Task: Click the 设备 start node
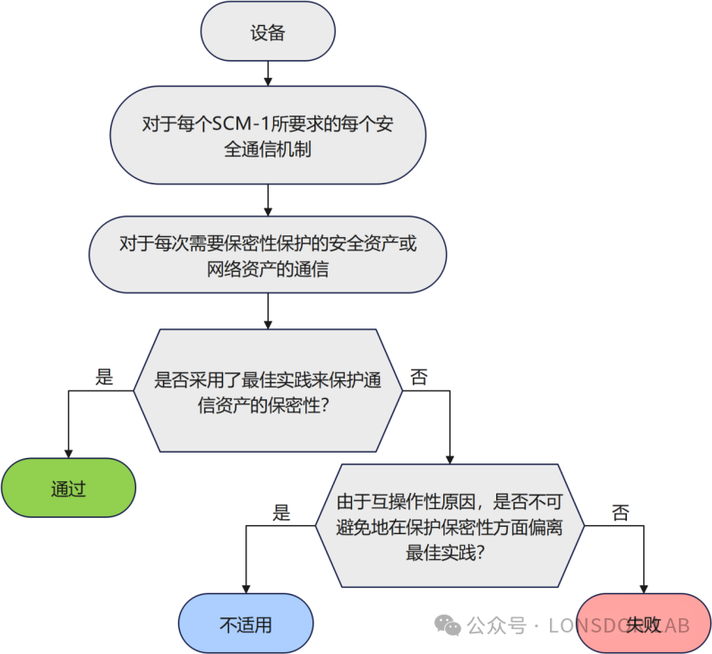(267, 33)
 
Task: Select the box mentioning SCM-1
(267, 136)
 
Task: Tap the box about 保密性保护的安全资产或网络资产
(267, 254)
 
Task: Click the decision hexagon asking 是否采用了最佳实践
(268, 391)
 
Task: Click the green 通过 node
(68, 489)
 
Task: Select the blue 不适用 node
(245, 624)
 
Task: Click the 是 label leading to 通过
(105, 377)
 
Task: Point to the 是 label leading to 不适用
(282, 513)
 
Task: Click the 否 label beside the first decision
(418, 377)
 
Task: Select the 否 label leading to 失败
(620, 513)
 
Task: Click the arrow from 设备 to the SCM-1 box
(267, 73)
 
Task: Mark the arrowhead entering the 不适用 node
(245, 587)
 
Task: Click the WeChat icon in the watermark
(448, 624)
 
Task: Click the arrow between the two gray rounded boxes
(267, 200)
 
